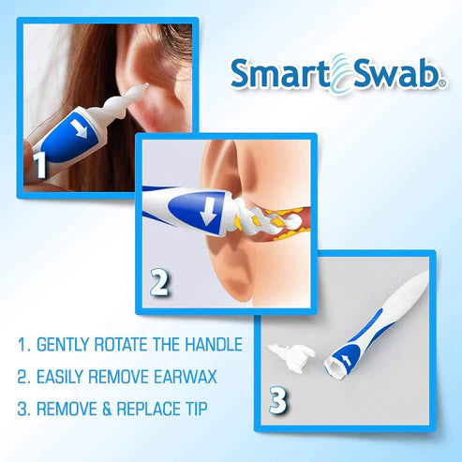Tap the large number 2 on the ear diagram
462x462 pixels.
tap(160, 281)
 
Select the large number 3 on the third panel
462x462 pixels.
tap(277, 400)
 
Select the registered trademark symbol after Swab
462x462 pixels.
tap(443, 83)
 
